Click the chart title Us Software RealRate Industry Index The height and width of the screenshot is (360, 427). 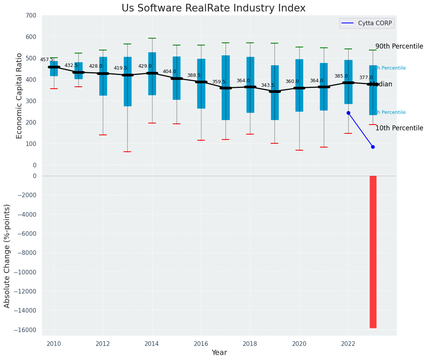tap(213, 8)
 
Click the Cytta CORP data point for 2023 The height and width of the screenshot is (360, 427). tap(373, 147)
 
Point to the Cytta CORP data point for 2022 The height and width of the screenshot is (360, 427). tap(348, 113)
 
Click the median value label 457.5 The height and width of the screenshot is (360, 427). tap(47, 60)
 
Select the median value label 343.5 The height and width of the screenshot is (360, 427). tap(268, 85)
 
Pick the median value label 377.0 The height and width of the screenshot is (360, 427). tap(365, 78)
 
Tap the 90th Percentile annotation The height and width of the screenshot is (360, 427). tap(399, 46)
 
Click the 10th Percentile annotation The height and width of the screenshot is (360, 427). tap(399, 128)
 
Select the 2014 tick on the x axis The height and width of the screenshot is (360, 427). tap(152, 344)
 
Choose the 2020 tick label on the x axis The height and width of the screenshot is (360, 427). tap(299, 344)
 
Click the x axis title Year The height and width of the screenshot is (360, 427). tap(219, 353)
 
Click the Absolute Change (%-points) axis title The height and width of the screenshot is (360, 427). tap(7, 256)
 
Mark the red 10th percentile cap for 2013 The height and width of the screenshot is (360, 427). tap(127, 152)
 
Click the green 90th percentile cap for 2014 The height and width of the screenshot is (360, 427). tap(152, 38)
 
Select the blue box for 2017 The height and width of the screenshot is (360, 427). tap(226, 88)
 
